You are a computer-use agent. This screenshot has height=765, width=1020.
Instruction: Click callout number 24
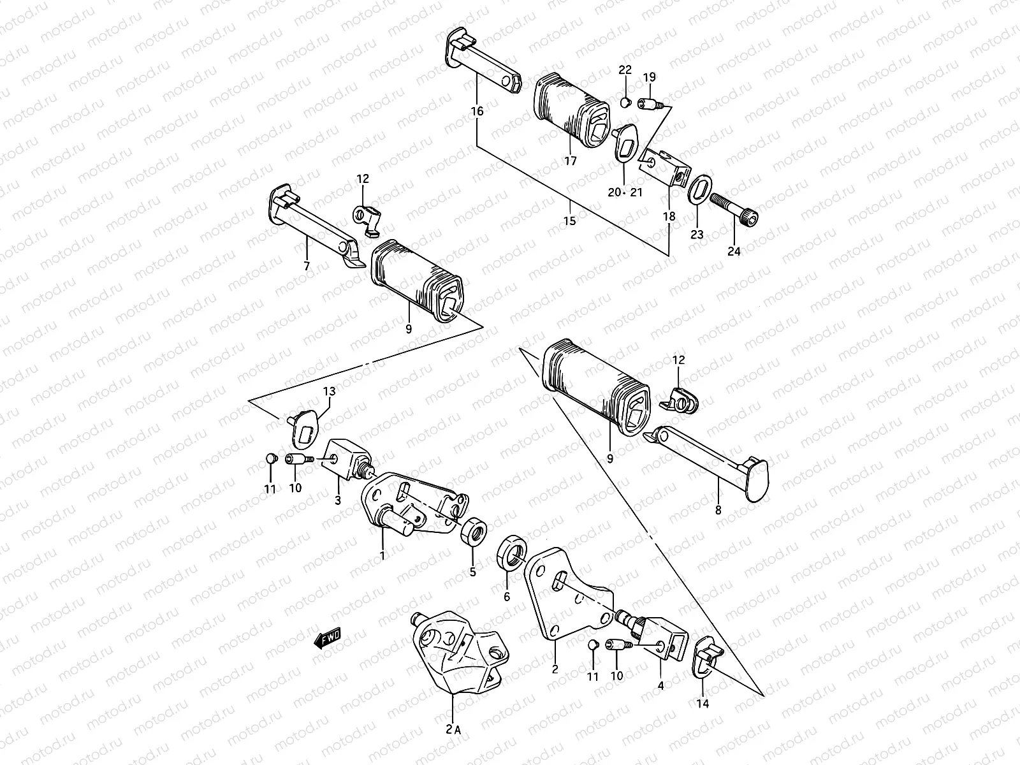click(x=734, y=251)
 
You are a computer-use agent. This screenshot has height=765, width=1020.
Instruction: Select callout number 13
click(x=328, y=391)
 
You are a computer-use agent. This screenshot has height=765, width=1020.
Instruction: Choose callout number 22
click(x=625, y=69)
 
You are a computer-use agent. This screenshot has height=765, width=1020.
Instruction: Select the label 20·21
click(x=626, y=193)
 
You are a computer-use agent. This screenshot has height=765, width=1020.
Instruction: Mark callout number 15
click(x=569, y=221)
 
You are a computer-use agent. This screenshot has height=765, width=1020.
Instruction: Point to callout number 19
click(x=649, y=78)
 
